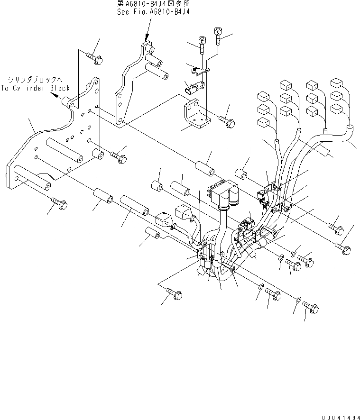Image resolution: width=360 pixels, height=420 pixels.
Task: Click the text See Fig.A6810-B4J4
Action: (x=147, y=12)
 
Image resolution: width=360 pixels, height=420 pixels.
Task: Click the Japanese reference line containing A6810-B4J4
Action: (x=147, y=4)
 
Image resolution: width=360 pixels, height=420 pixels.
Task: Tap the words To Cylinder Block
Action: (x=35, y=88)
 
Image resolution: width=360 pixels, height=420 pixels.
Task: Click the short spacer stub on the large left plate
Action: (x=97, y=155)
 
